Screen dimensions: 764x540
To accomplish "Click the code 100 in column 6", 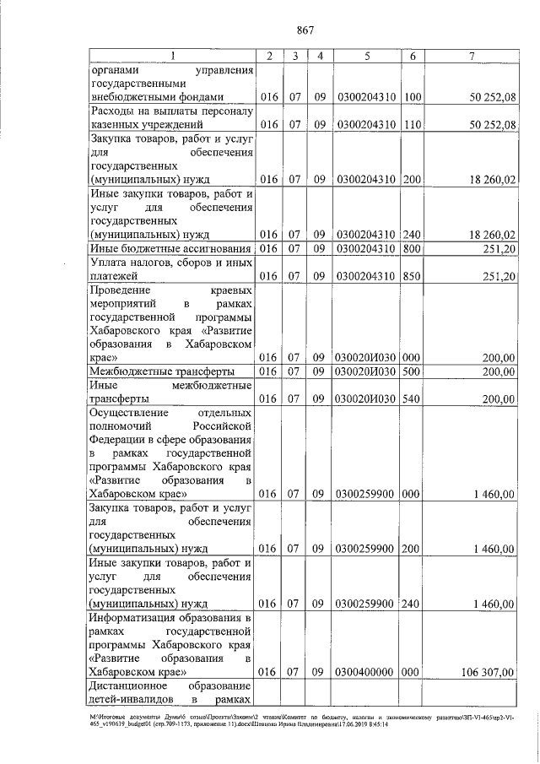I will (413, 97).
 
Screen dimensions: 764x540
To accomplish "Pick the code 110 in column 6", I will (413, 125).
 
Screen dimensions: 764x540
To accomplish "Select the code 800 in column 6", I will (413, 248).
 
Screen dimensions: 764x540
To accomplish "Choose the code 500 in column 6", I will (413, 371).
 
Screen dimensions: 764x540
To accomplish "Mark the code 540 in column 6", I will (413, 398).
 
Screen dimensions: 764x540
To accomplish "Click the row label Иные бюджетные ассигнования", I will (171, 248).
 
